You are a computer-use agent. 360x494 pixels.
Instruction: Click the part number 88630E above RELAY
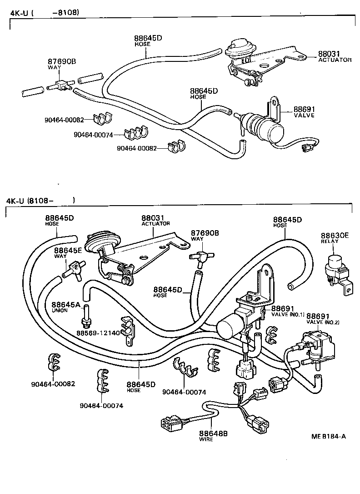[x=335, y=235]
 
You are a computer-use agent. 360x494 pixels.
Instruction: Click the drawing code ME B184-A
[x=328, y=436]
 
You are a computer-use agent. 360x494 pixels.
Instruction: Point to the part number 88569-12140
[x=98, y=333]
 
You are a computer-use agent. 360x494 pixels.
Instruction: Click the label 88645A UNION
[x=66, y=307]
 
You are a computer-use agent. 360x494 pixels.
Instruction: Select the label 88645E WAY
[x=68, y=253]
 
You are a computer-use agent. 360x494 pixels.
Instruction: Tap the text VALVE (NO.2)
[x=323, y=322]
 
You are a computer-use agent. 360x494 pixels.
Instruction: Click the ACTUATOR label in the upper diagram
[x=335, y=60]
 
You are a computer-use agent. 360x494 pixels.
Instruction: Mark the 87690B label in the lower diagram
[x=205, y=232]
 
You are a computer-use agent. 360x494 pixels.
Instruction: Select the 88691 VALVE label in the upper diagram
[x=304, y=112]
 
